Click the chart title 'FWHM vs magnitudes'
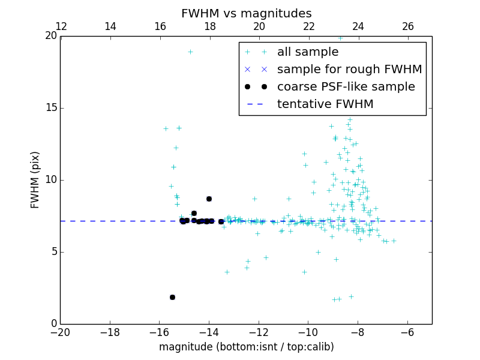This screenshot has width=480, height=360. [x=246, y=13]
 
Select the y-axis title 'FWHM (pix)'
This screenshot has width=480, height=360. [x=35, y=180]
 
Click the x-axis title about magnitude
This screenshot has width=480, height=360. [x=246, y=347]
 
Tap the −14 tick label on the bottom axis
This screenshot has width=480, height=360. [x=209, y=332]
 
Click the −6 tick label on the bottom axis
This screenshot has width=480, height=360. [x=407, y=332]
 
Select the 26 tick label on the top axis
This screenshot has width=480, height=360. [x=407, y=26]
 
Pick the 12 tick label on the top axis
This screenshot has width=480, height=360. [x=61, y=26]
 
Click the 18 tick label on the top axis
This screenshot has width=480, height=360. [x=209, y=26]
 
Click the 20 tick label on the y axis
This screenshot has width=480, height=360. [x=50, y=36]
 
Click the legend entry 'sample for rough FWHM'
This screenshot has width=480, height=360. [x=349, y=70]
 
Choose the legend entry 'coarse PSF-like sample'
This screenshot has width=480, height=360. [x=346, y=87]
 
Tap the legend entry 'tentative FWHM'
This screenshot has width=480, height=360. [x=325, y=104]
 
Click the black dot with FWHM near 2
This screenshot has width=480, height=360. [x=172, y=297]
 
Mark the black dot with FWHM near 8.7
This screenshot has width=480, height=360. [x=209, y=199]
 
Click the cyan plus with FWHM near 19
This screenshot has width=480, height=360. [x=190, y=52]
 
